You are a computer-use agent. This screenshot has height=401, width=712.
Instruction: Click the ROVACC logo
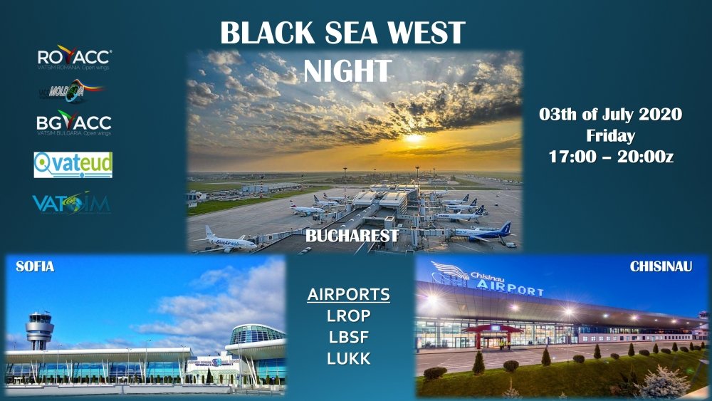click(x=74, y=58)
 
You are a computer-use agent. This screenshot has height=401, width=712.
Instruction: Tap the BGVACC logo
click(x=73, y=123)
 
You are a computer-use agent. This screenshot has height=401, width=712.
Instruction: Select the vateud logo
click(x=73, y=165)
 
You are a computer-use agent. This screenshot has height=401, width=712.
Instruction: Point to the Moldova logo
click(x=71, y=90)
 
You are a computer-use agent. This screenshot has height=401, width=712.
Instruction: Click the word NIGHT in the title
click(x=347, y=71)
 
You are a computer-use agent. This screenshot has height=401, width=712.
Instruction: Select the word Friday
click(x=610, y=135)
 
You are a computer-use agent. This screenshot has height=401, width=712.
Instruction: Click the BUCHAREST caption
click(x=352, y=236)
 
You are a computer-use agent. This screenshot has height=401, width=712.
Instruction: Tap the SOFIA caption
click(x=35, y=267)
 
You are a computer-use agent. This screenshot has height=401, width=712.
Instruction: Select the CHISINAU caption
click(x=661, y=267)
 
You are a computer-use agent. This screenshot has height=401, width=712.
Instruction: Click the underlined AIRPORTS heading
click(x=348, y=294)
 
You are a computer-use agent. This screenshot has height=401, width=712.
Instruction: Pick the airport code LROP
click(x=348, y=316)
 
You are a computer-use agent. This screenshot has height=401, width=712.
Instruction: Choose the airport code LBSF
click(x=348, y=337)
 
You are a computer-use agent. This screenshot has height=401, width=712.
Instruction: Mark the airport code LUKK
click(x=348, y=358)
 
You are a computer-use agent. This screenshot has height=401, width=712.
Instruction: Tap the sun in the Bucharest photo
click(x=414, y=137)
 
